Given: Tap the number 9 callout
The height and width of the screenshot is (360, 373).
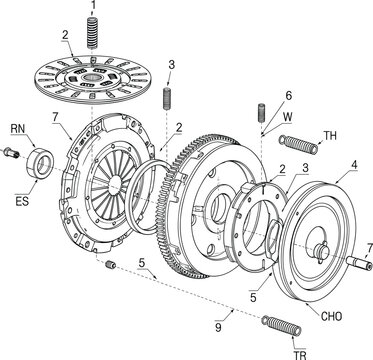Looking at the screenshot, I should pyautogui.click(x=217, y=324).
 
